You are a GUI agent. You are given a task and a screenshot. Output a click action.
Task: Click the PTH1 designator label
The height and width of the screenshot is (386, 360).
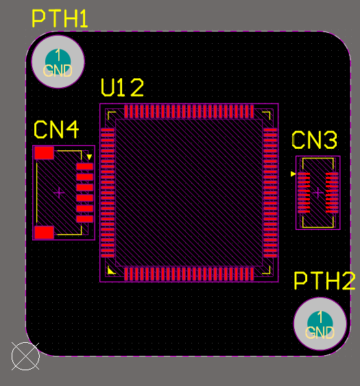60,19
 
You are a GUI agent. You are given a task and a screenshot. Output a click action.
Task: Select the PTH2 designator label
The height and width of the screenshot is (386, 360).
324,281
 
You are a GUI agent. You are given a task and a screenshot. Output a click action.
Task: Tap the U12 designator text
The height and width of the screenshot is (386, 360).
123,88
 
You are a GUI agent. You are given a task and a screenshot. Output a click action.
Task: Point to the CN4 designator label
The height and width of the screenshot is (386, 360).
56,130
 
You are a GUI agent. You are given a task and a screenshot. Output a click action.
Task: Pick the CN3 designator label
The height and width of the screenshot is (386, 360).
315,141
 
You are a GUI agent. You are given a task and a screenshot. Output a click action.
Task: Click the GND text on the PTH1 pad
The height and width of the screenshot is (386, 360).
58,70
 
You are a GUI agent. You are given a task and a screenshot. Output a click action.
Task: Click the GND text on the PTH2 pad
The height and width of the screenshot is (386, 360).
319,333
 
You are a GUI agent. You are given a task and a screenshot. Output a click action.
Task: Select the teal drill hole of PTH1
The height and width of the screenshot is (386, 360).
58,58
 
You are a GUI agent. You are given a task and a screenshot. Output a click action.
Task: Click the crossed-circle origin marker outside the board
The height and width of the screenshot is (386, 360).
25,356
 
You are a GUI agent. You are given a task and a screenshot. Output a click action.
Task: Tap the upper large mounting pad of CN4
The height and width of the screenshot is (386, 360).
44,153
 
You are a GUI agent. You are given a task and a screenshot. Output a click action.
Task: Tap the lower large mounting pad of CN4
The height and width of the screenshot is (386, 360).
44,232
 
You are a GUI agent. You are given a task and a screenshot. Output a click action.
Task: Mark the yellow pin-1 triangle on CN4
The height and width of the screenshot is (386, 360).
89,156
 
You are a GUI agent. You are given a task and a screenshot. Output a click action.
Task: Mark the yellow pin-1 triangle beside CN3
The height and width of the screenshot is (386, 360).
293,174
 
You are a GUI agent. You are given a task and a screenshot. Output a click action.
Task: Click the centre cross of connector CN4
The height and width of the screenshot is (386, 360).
59,193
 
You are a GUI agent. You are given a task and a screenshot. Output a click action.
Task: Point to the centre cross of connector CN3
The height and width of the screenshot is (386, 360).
317,193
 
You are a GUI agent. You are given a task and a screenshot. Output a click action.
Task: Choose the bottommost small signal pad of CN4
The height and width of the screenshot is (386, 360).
84,219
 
